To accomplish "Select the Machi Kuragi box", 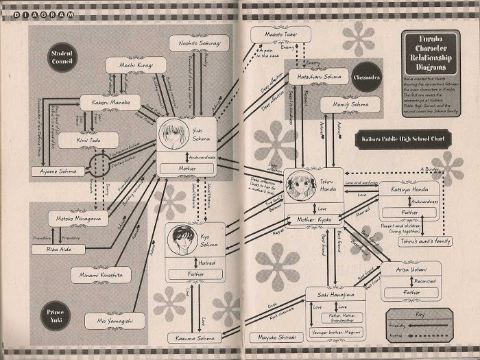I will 136,65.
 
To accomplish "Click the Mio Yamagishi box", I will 115,320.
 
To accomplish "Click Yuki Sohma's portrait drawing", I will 173,135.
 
